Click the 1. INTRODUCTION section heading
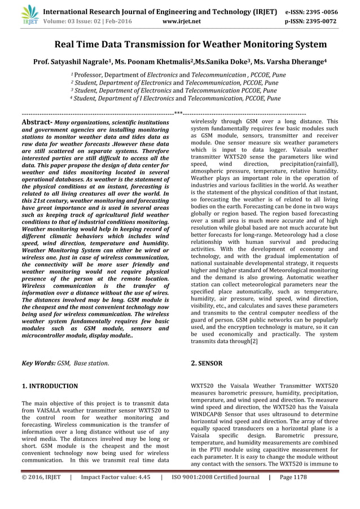pyautogui.click(x=50, y=386)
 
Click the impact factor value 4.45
pyautogui.click(x=143, y=492)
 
